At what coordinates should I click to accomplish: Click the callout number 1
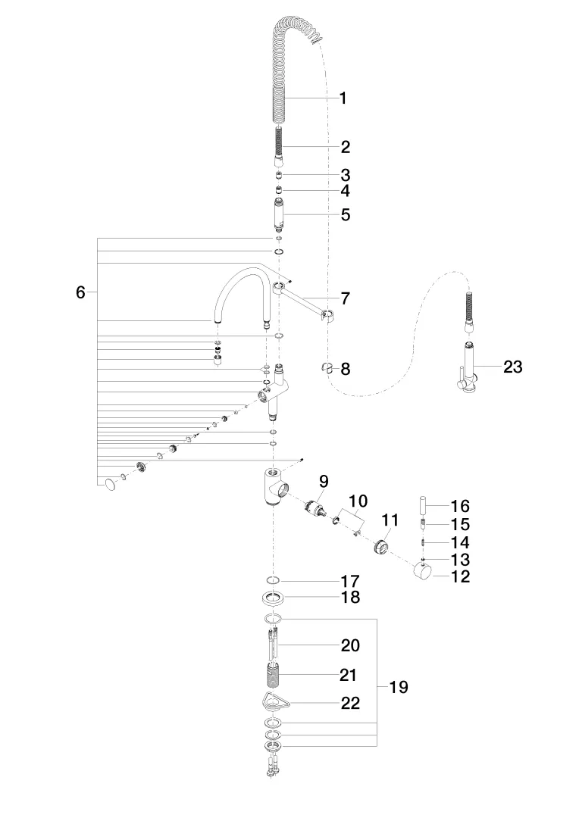[x=343, y=98]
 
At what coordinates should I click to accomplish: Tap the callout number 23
[x=513, y=367]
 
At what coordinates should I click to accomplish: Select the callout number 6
[x=80, y=292]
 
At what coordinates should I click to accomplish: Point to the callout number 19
[x=399, y=687]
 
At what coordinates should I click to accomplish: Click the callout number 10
[x=358, y=501]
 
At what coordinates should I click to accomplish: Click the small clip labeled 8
[x=327, y=368]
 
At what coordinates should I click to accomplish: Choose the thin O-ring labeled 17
[x=274, y=581]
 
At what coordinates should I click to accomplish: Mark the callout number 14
[x=460, y=542]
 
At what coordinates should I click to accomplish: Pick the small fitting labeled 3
[x=280, y=176]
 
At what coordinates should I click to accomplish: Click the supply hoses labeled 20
[x=274, y=646]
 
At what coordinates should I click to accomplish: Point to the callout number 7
[x=345, y=298]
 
